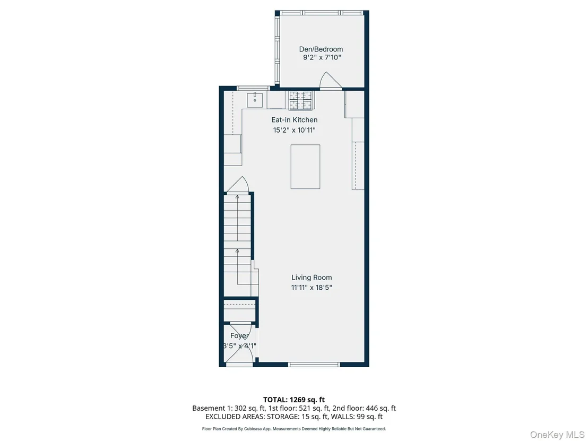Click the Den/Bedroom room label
click(321, 49)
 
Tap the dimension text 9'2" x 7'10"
click(322, 57)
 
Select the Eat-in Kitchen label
click(295, 120)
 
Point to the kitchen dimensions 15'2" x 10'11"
click(295, 130)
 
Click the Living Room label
click(312, 278)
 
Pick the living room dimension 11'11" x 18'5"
click(312, 288)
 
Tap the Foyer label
click(239, 335)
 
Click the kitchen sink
click(255, 99)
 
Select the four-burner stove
click(300, 100)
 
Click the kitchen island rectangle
click(305, 167)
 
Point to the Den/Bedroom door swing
click(330, 80)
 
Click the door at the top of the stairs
click(237, 185)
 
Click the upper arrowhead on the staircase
click(237, 196)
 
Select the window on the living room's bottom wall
click(314, 364)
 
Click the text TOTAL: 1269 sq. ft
click(294, 400)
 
